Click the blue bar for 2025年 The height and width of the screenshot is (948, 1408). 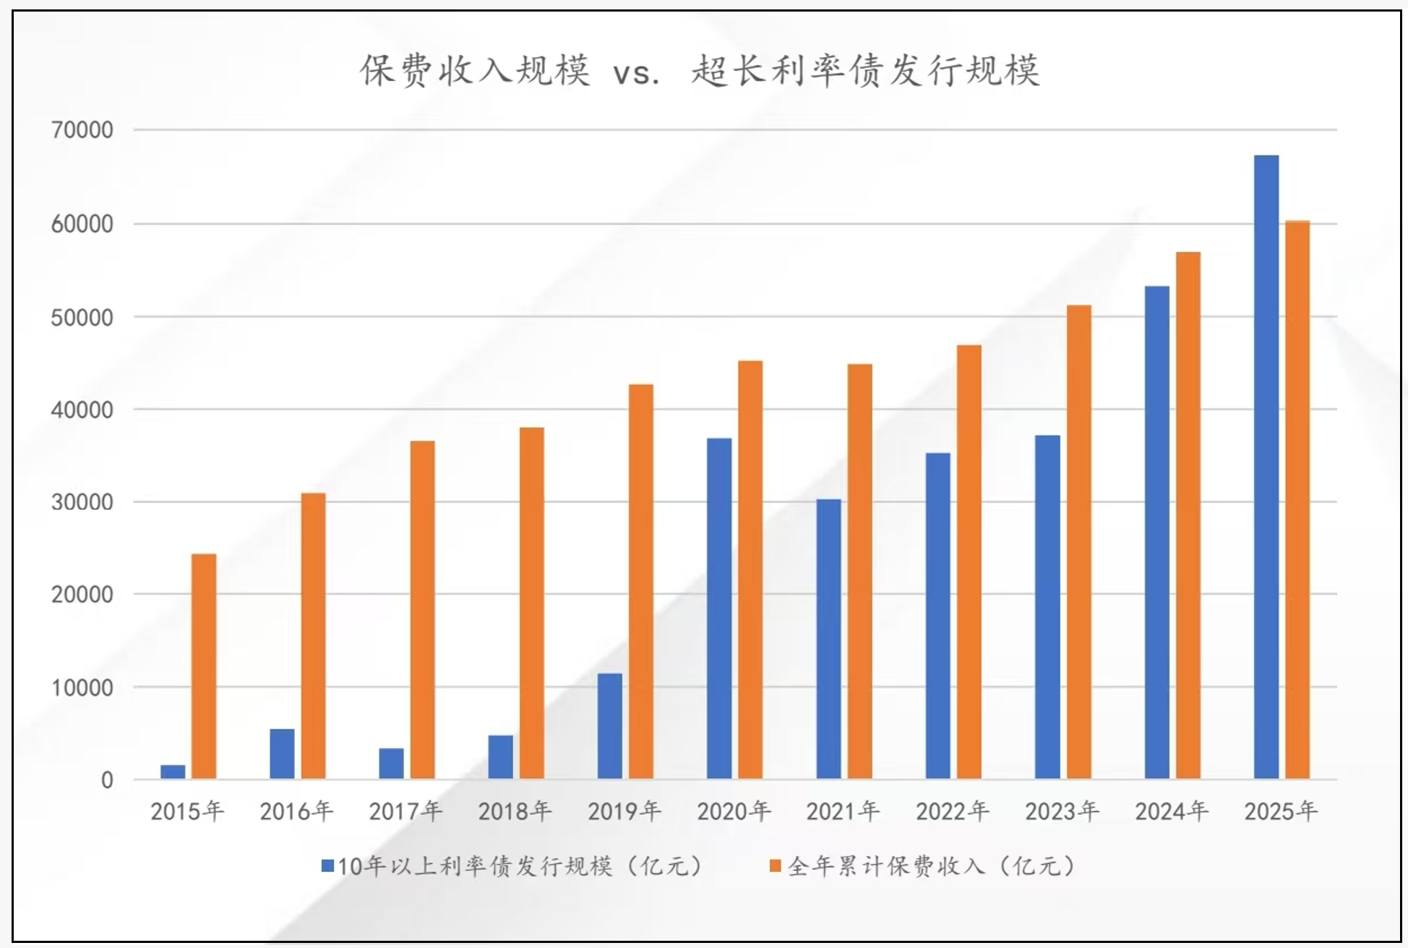tap(1266, 467)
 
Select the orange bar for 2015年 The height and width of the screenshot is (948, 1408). tap(204, 666)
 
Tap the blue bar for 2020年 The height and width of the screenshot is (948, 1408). tap(719, 608)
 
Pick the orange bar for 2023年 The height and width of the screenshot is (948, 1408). tap(1078, 542)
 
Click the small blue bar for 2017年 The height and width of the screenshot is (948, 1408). tap(391, 764)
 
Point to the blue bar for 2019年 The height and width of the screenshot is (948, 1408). tap(609, 726)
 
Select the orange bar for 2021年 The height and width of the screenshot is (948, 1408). tap(859, 572)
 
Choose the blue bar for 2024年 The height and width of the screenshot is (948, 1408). tap(1156, 533)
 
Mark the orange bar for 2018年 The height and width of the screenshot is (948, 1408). tap(531, 603)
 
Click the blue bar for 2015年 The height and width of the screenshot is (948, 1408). tap(173, 772)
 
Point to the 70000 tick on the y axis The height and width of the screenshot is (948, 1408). tap(82, 130)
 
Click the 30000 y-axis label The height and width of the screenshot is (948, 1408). tap(82, 502)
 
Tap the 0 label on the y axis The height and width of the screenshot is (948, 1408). tap(107, 780)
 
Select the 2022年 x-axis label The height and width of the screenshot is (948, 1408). tap(952, 811)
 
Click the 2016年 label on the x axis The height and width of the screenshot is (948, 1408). tap(296, 811)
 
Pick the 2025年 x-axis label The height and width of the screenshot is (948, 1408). tap(1280, 811)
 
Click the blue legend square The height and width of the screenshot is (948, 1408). tap(327, 866)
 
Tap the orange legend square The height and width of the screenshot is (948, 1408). tap(776, 866)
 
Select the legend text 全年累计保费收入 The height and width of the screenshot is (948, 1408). tap(886, 866)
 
